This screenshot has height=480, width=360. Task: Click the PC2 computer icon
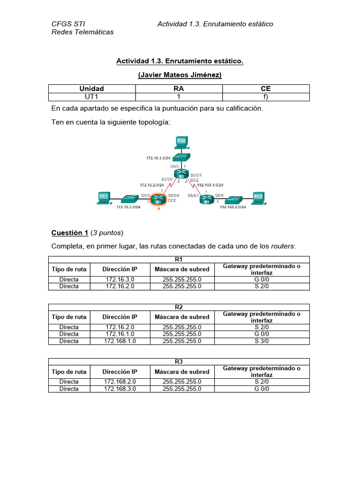(181, 141)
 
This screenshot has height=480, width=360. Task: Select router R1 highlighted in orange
(159, 199)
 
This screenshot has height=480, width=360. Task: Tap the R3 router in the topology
(207, 200)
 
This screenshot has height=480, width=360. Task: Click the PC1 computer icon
(104, 198)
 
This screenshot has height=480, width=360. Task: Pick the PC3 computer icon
(258, 198)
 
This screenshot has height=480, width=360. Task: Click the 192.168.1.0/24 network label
(210, 185)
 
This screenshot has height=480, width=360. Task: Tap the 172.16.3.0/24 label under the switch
(128, 207)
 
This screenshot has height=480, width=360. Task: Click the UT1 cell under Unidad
(92, 97)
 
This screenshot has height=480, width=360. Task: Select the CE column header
(266, 89)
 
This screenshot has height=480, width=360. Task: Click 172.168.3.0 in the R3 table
(120, 389)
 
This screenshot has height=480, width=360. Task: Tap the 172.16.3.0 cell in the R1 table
(120, 279)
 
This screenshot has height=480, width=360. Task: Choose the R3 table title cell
(179, 361)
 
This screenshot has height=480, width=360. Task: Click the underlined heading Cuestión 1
(70, 232)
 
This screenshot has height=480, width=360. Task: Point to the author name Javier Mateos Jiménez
(180, 75)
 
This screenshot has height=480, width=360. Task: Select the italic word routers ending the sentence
(284, 247)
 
